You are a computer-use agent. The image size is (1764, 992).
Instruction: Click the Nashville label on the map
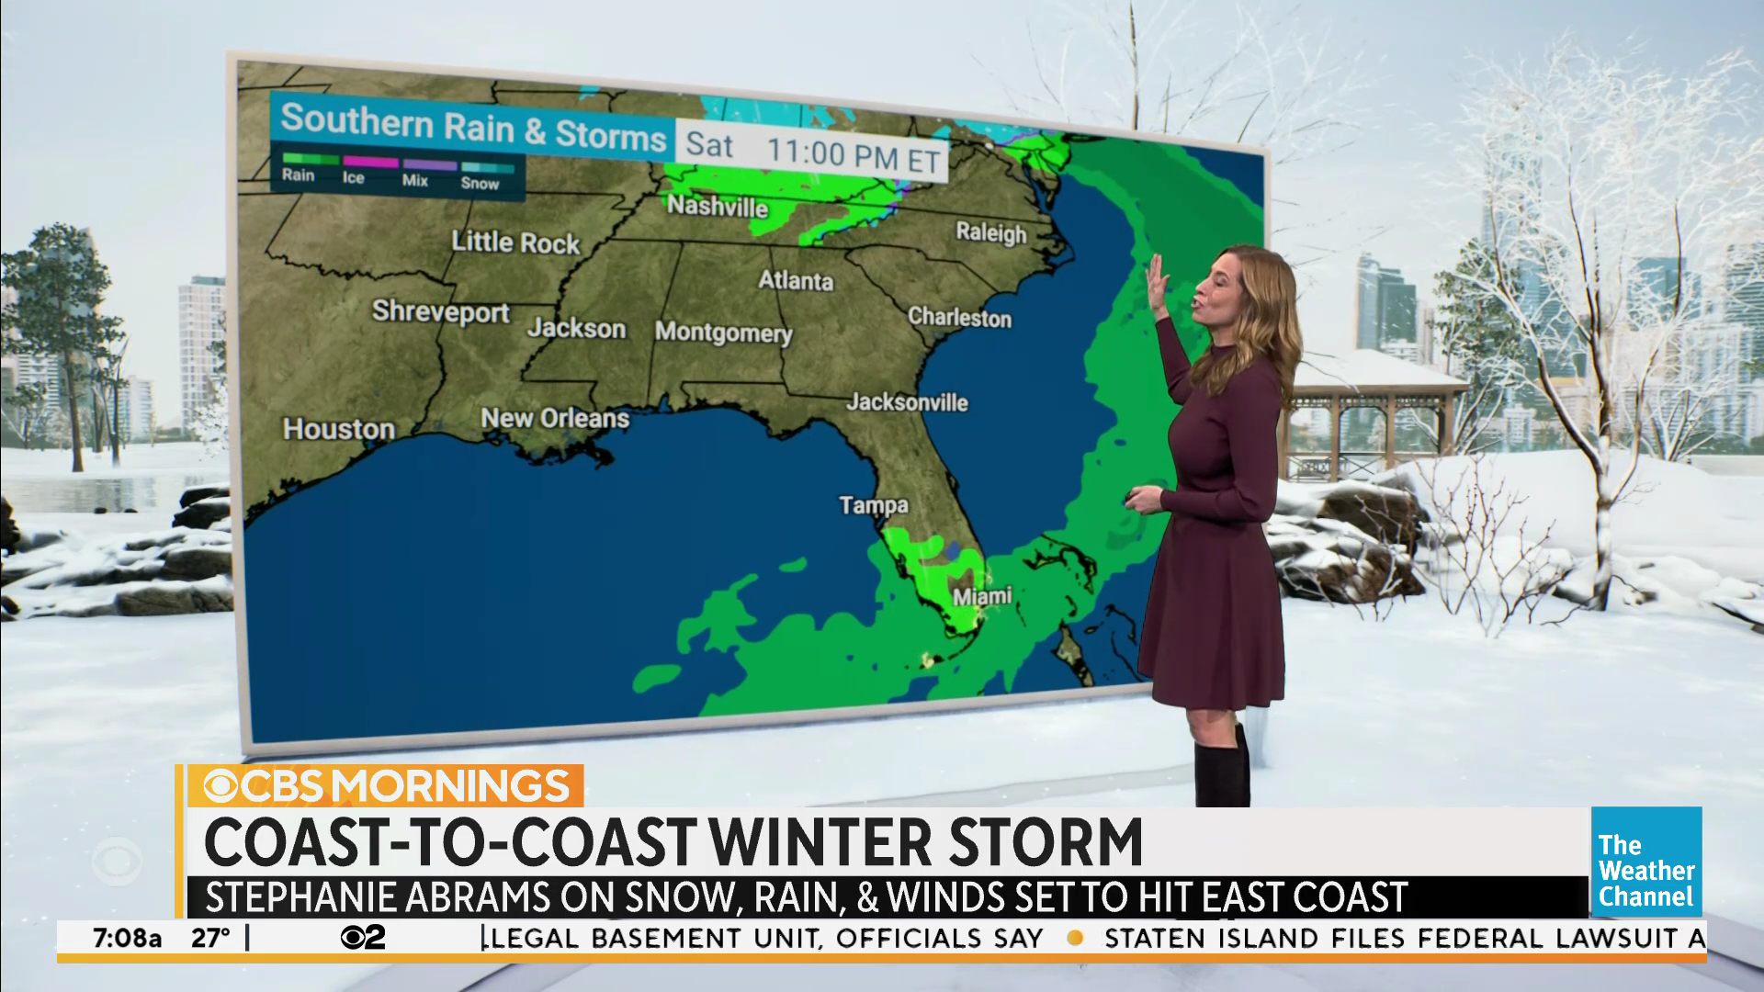point(717,206)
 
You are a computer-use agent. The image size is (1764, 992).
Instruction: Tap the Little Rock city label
point(515,242)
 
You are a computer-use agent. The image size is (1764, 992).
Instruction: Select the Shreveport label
point(440,312)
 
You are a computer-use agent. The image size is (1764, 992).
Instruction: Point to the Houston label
point(339,429)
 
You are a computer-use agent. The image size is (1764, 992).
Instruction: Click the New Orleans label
point(555,419)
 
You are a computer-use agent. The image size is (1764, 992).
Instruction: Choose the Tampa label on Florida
point(873,505)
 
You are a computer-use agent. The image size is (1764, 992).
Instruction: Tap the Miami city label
point(981,597)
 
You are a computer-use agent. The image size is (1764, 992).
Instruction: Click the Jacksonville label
point(907,402)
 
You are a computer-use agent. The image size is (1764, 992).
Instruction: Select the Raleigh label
point(990,232)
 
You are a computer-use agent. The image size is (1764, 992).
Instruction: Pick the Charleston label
point(959,318)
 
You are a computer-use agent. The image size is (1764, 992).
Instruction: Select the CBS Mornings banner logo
point(386,786)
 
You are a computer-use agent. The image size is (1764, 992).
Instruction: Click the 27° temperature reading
point(210,939)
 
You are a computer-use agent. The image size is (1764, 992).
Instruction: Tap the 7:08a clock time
point(127,939)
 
